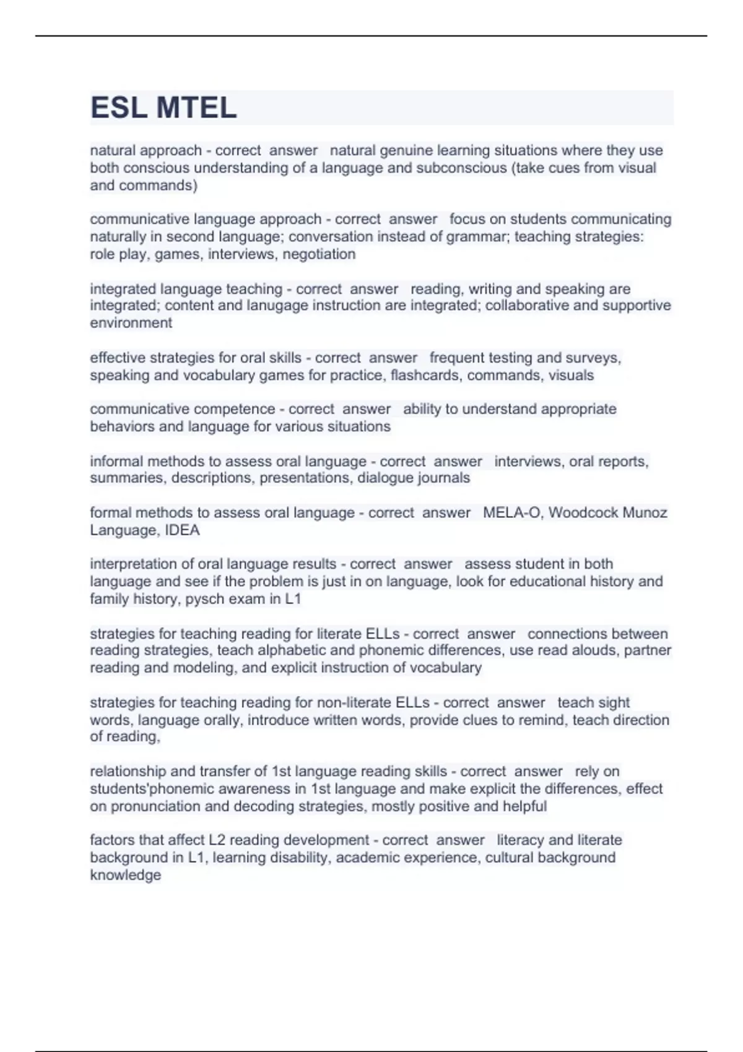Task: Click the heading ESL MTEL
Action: tap(163, 108)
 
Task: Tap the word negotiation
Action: tap(319, 254)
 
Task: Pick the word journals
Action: tap(444, 478)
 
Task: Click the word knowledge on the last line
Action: tap(125, 875)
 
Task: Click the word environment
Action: tap(131, 323)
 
